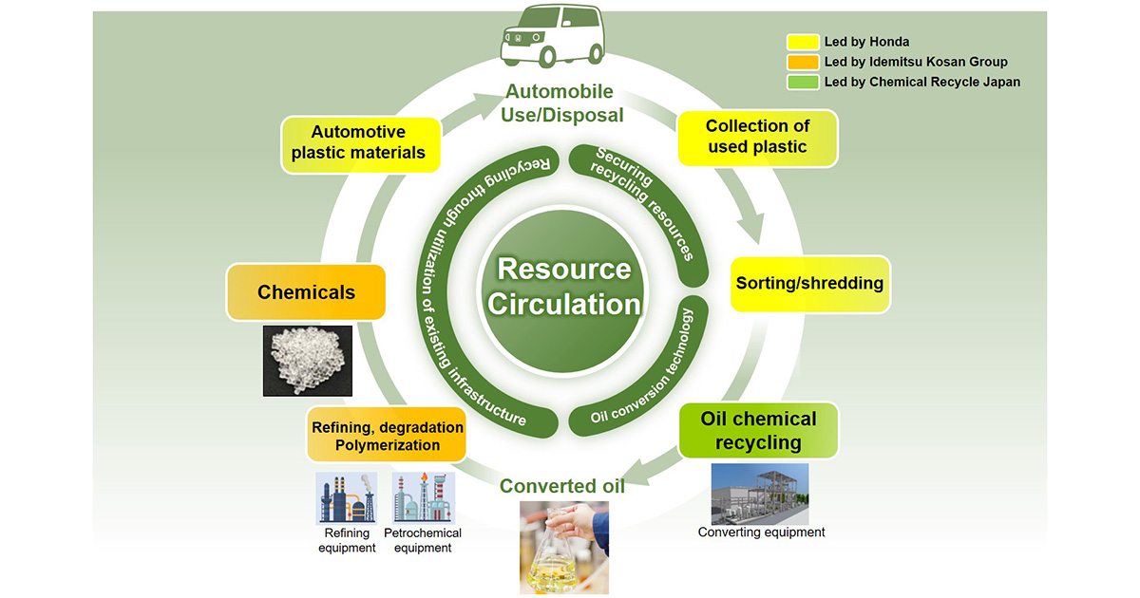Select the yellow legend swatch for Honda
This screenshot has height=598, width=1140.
point(803,42)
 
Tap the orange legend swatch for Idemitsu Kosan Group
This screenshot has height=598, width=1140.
point(803,62)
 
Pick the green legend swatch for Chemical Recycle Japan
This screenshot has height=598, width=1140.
point(803,82)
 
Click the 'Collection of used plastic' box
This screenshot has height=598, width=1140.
point(757,138)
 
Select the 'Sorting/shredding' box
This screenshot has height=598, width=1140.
point(809,283)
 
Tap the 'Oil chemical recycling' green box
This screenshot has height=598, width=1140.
point(758,431)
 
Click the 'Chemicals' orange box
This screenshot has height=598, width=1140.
point(306,292)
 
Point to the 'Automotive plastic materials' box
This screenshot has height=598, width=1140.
point(359,142)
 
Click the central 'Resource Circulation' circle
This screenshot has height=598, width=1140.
point(564,286)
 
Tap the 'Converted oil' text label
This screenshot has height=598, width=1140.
point(562,486)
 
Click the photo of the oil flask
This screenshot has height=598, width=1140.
point(564,547)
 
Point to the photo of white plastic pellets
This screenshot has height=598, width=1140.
point(308,361)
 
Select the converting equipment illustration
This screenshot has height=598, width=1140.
point(760,494)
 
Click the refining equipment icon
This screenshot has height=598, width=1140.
point(347,498)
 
